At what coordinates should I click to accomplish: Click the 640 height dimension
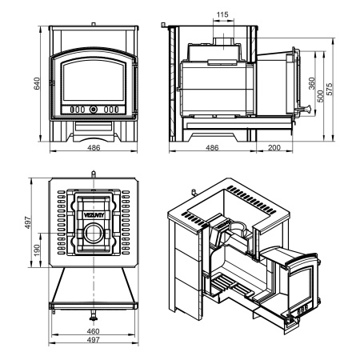tap(37, 83)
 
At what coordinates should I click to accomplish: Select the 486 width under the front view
tap(94, 147)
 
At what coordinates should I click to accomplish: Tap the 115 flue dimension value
tap(222, 14)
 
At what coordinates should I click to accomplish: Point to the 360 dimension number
tap(311, 83)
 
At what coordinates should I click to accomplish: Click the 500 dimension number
tap(321, 96)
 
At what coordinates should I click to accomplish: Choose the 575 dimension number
tap(330, 89)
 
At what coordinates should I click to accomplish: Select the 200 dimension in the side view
tap(274, 147)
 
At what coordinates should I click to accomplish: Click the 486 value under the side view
tap(212, 147)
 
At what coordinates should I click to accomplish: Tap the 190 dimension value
tap(37, 250)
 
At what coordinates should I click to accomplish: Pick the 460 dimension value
tap(93, 331)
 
